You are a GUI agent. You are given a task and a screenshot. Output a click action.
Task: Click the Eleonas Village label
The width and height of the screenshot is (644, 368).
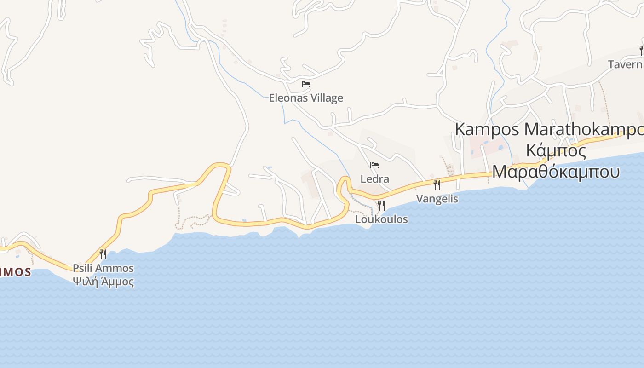point(306,98)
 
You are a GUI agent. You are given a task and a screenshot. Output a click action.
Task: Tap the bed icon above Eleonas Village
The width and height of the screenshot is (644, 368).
point(306,84)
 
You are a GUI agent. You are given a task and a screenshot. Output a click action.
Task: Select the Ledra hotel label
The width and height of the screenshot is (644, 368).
point(374,179)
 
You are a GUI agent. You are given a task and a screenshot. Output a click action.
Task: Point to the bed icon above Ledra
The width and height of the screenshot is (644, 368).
point(374,165)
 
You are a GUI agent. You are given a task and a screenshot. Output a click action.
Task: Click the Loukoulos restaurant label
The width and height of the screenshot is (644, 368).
point(381,219)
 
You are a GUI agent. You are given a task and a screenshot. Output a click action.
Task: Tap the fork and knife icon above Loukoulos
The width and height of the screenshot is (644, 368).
point(381,205)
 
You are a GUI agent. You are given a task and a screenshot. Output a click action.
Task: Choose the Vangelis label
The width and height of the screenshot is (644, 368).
point(437,199)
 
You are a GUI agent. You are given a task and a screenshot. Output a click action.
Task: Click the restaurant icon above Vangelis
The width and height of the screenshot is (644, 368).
point(437,185)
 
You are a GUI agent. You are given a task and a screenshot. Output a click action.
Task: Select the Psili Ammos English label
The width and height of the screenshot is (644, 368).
point(103,268)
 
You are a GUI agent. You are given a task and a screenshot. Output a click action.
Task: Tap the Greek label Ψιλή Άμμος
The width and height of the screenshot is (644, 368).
point(103,282)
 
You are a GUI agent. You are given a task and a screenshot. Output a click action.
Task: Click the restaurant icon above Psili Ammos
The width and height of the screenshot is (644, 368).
point(103,254)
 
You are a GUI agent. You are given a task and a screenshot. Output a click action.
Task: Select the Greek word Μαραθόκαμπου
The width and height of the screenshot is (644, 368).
point(556,172)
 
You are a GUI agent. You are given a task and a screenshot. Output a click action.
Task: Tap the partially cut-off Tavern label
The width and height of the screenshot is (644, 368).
point(626,64)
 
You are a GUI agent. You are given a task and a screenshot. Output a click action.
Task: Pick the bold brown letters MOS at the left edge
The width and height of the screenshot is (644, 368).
point(16,272)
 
